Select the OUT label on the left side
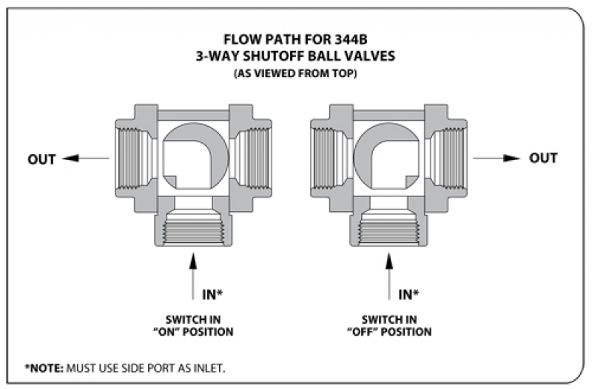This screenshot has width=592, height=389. coord(42,159)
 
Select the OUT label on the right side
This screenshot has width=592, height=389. coord(542,159)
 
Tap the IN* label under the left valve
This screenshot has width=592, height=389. coord(212,294)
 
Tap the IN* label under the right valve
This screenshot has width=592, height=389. coord(408,294)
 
